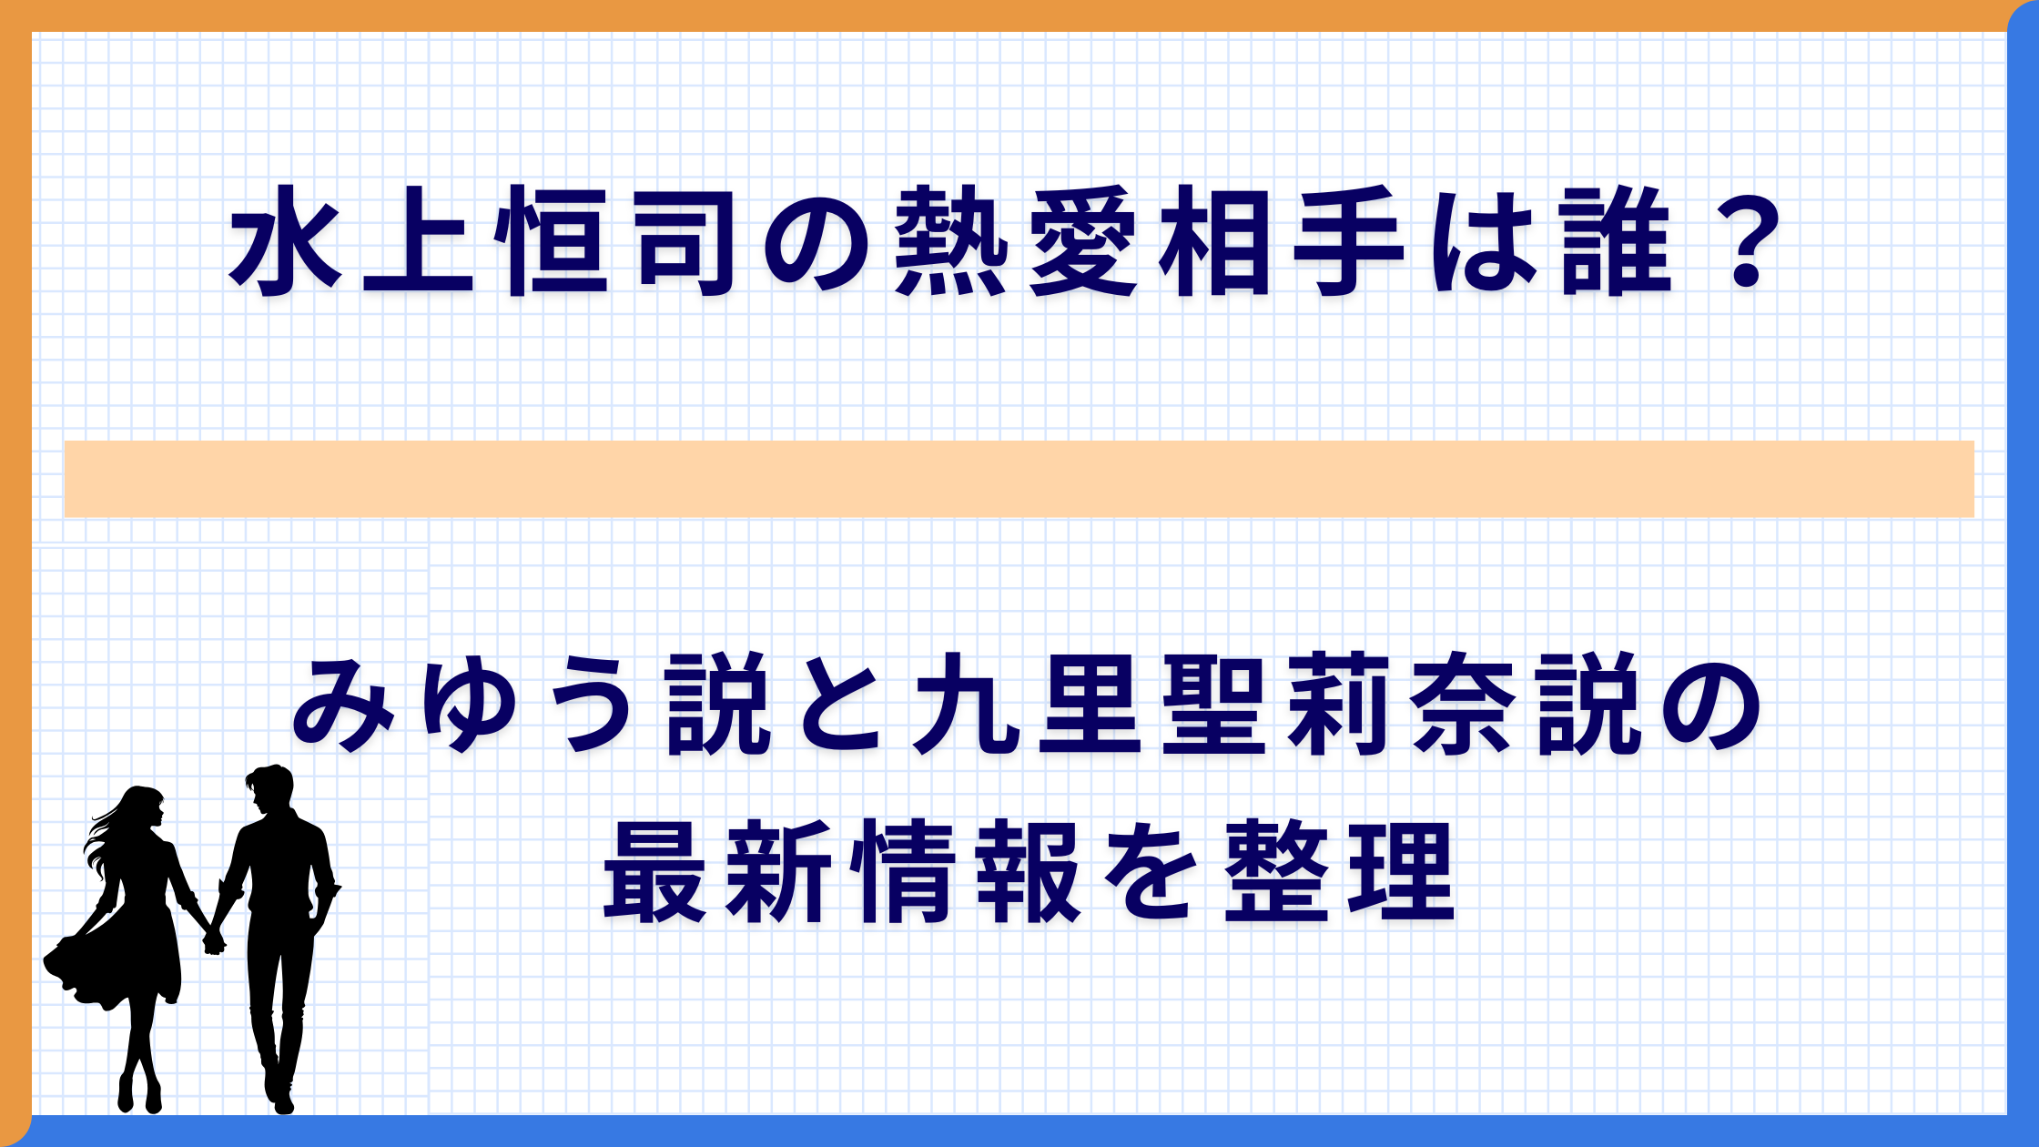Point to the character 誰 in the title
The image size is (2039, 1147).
click(x=1617, y=241)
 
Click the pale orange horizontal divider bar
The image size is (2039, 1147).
click(x=1019, y=479)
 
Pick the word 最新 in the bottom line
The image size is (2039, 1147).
click(x=719, y=871)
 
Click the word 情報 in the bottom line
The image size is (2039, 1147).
click(x=969, y=871)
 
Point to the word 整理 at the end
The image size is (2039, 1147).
click(x=1338, y=871)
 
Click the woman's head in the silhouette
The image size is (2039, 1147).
click(x=144, y=806)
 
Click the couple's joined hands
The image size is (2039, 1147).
click(x=214, y=941)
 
